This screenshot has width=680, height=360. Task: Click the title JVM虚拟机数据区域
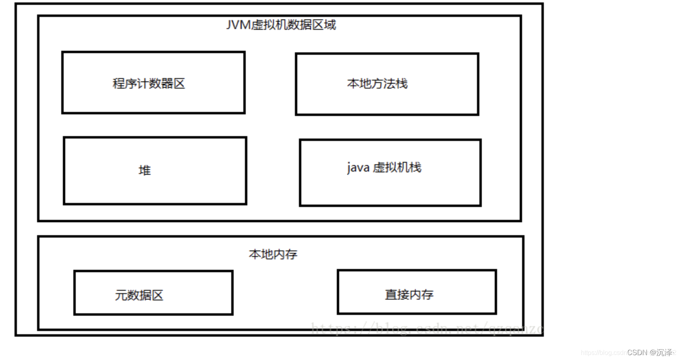click(281, 25)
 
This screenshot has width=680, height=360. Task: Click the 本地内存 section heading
click(273, 254)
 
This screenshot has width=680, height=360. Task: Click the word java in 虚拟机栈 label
click(358, 168)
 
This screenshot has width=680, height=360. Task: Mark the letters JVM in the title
click(238, 25)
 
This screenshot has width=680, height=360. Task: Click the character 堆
click(145, 170)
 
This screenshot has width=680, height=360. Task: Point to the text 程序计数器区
click(149, 83)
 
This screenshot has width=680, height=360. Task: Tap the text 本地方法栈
click(377, 83)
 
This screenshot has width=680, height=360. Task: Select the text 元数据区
click(139, 295)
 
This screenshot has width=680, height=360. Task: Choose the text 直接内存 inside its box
click(409, 294)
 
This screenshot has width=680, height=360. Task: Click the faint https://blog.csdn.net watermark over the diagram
click(427, 328)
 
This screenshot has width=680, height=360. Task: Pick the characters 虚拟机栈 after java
click(397, 168)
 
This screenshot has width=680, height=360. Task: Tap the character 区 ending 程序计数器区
click(179, 83)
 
